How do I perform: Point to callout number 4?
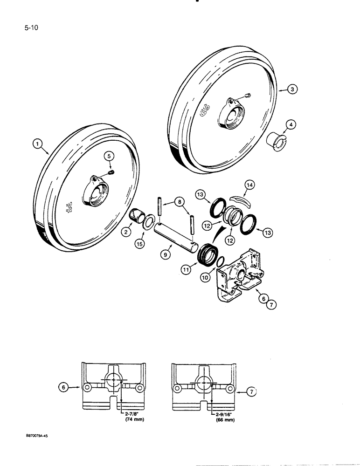coord(290,124)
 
